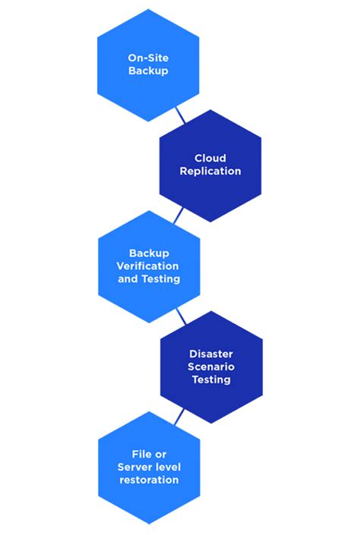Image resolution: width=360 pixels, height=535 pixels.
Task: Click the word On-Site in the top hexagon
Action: point(148,58)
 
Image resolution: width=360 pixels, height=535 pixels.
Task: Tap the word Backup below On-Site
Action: point(148,71)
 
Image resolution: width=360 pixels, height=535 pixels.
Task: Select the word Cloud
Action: point(210,159)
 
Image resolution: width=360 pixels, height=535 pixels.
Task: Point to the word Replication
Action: point(210,172)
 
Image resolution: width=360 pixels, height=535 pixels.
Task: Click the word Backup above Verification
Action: point(149,253)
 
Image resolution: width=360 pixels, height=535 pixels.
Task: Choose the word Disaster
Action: point(211,354)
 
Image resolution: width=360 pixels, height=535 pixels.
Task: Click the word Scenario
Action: point(211,367)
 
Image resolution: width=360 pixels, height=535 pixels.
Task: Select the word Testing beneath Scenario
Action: point(211,379)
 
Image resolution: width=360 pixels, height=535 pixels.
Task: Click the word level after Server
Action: point(167,467)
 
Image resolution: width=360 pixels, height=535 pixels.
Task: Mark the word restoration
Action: point(149,480)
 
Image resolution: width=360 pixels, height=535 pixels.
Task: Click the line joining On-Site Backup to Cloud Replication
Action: point(180,115)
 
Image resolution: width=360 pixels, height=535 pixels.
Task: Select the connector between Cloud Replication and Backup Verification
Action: point(178,216)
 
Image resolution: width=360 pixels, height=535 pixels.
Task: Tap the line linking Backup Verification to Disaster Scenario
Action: point(181,316)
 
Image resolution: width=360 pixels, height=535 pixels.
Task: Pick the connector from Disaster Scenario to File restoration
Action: point(179,417)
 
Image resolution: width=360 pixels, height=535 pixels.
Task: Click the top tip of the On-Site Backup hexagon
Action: point(148,9)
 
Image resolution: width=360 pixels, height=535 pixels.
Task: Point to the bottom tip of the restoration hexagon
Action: point(149,524)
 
